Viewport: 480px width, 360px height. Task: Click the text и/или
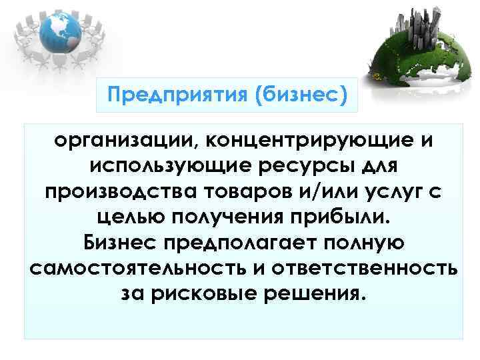(x=323, y=191)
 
